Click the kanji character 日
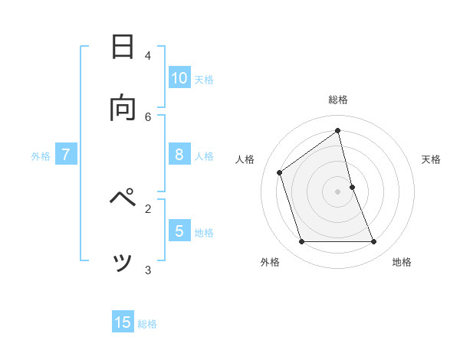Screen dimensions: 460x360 coord(123,47)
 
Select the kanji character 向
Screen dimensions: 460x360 coord(123,109)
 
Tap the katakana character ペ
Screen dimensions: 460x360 coord(123,201)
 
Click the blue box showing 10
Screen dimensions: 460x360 coord(179,77)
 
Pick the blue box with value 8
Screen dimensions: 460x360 coord(179,155)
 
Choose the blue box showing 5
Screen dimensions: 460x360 coord(179,231)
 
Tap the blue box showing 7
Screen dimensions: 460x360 coord(66,155)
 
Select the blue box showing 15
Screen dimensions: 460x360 coord(123,322)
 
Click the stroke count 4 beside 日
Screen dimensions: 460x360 coord(148,55)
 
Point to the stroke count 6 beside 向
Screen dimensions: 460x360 coord(148,116)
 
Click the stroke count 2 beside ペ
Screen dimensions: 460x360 coord(148,208)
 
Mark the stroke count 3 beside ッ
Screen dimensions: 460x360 coord(148,270)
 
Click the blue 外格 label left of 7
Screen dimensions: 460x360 coord(41,156)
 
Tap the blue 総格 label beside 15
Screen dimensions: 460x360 coord(147,324)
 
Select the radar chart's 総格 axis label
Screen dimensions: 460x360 coord(338,100)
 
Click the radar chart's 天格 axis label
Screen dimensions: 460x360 coord(431,159)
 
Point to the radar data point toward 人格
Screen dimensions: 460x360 coord(280,172)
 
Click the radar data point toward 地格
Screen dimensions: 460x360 coord(374,242)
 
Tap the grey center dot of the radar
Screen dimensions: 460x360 coord(338,191)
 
